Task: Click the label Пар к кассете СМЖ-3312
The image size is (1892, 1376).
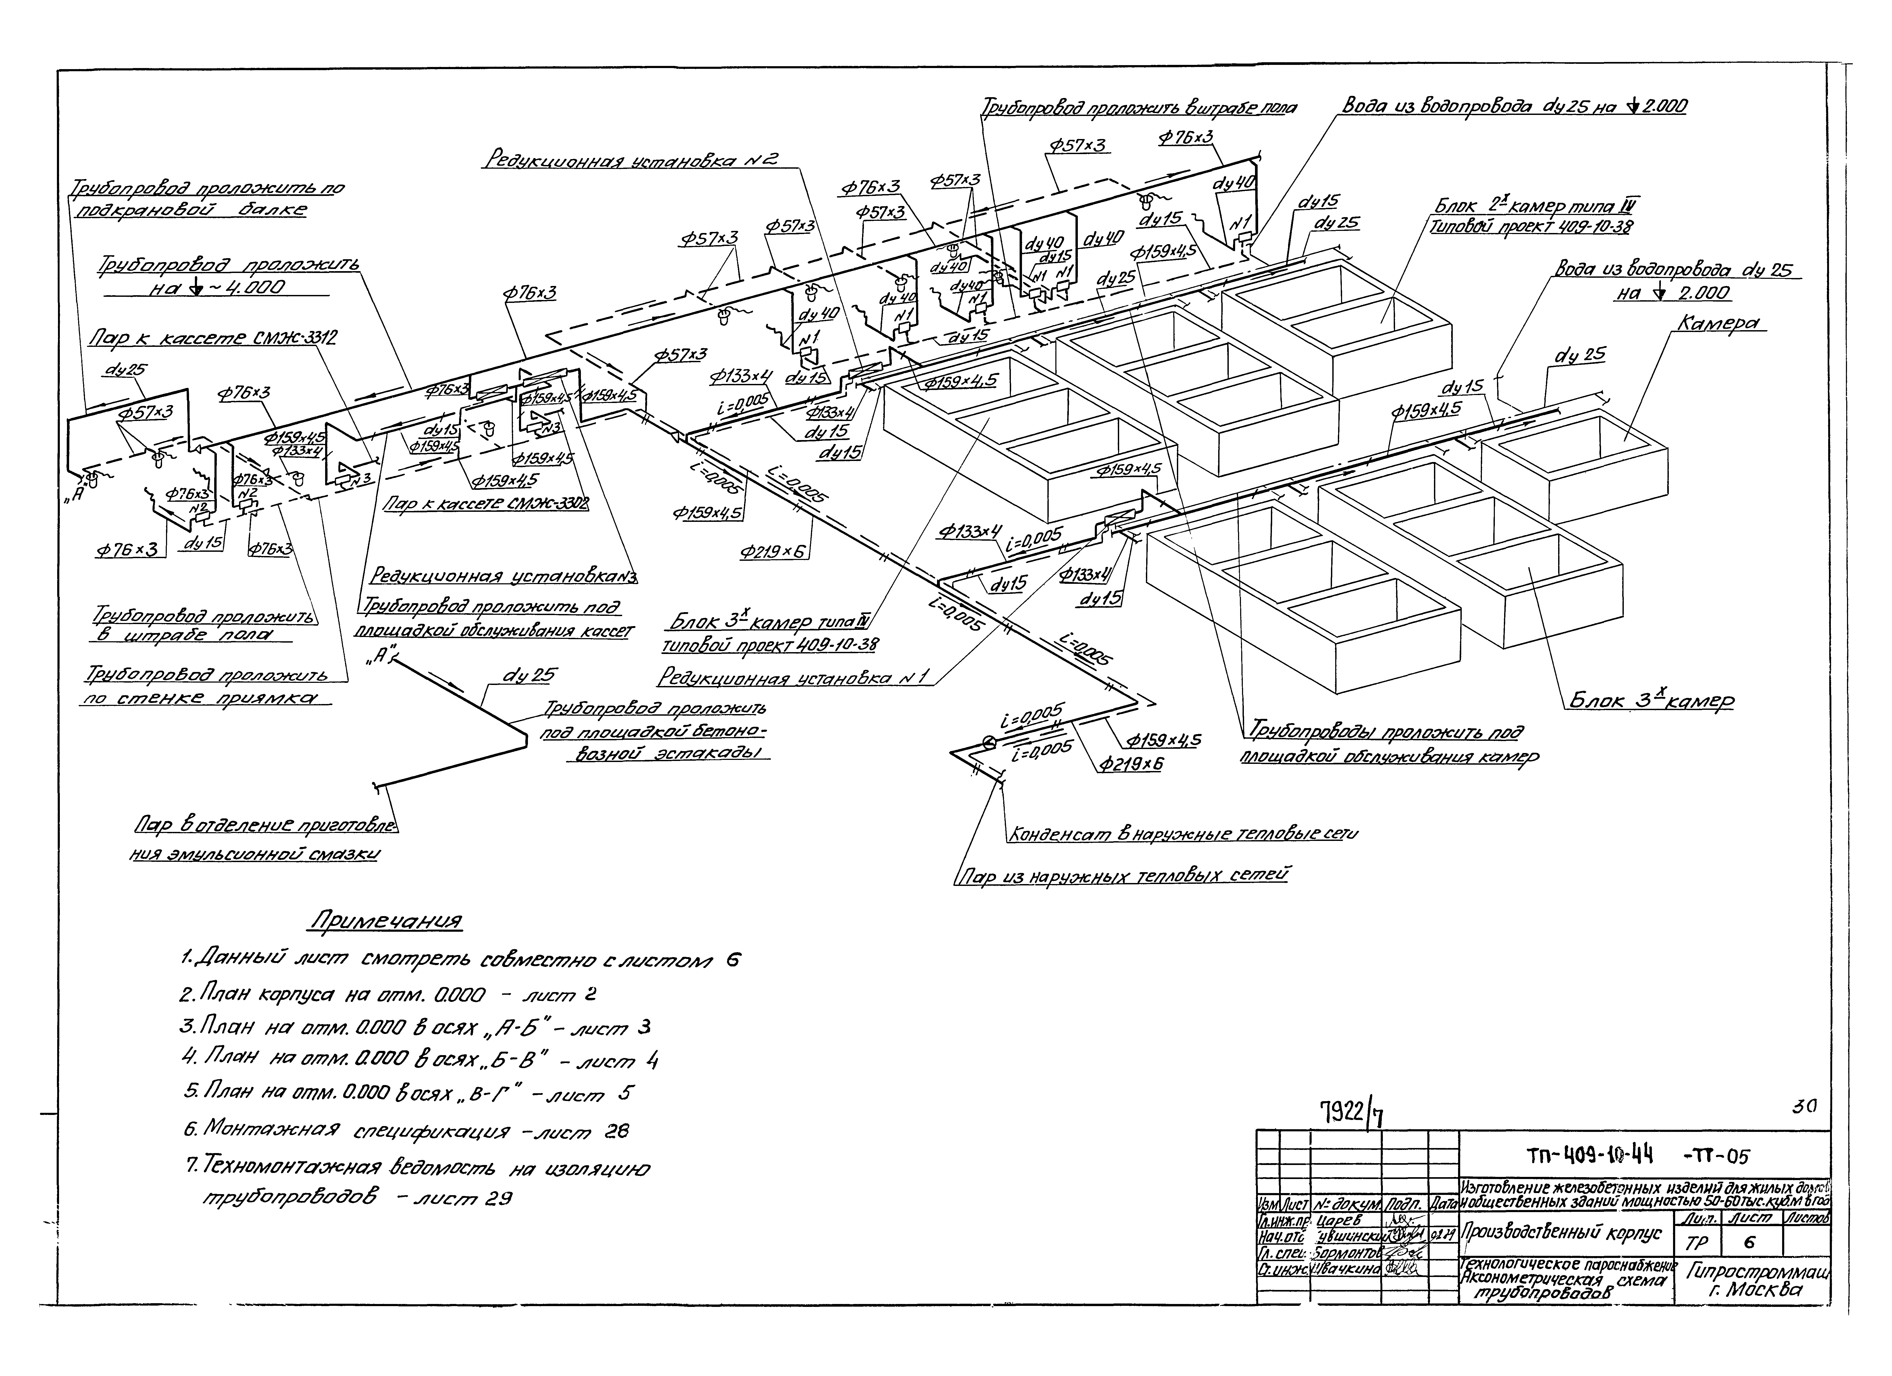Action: tap(213, 338)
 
